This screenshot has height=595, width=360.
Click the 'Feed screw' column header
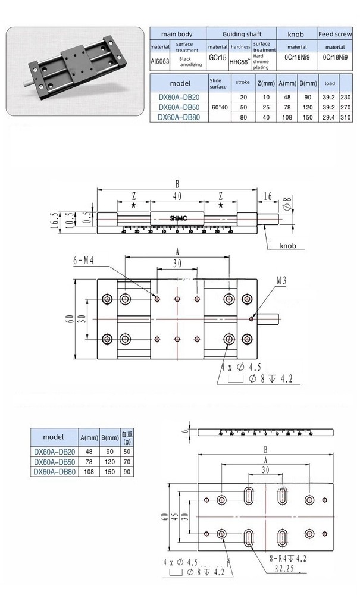tap(334, 34)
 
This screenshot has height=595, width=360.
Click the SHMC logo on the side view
tap(177, 218)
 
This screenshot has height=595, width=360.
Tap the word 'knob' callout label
tap(287, 245)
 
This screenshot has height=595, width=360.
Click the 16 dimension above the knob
tap(267, 196)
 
